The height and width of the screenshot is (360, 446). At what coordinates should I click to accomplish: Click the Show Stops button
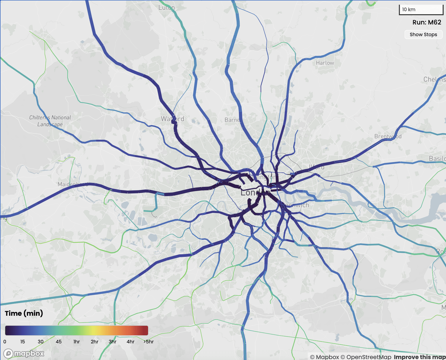click(x=423, y=35)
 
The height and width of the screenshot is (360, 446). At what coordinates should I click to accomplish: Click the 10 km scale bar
click(x=421, y=10)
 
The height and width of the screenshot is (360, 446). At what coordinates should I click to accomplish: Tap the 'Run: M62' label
click(x=427, y=22)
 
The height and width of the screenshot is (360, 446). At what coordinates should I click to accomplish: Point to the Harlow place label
click(x=325, y=63)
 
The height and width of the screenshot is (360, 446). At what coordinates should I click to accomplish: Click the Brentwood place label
click(x=388, y=136)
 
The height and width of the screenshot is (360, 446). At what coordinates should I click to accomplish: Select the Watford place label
click(x=172, y=119)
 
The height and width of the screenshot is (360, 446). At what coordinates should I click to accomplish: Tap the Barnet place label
click(x=232, y=120)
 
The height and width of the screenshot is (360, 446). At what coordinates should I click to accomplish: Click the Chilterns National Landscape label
click(x=50, y=121)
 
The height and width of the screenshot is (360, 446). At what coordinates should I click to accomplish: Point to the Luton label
click(x=167, y=7)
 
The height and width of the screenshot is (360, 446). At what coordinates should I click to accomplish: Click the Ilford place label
click(x=316, y=167)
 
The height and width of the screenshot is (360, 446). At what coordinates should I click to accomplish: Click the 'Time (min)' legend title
click(x=24, y=313)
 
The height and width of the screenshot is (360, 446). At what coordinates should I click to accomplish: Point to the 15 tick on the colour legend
click(x=23, y=342)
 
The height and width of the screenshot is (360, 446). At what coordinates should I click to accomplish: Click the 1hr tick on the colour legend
click(x=76, y=342)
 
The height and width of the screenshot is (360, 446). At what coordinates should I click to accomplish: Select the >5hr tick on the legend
click(x=148, y=342)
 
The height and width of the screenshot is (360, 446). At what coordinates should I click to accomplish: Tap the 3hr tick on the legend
click(x=112, y=342)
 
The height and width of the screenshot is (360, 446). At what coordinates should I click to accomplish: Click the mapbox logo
click(x=24, y=353)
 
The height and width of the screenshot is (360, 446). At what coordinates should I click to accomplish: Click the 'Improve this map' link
click(x=420, y=357)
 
